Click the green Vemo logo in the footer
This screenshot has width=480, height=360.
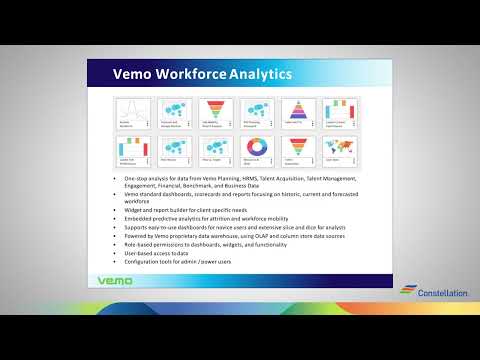(120, 281)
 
